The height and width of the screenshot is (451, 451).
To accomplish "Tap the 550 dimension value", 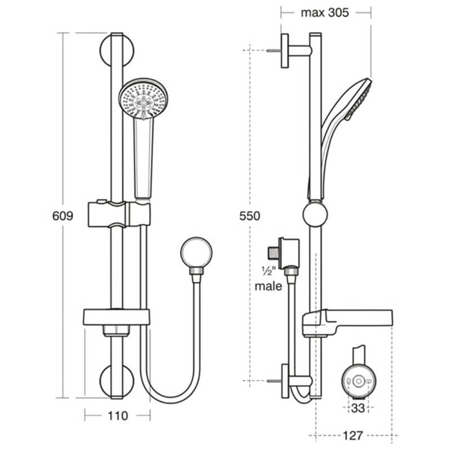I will point(250,216).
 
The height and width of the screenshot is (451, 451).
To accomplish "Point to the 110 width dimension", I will point(117,416).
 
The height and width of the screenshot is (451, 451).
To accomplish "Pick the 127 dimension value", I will point(352,435).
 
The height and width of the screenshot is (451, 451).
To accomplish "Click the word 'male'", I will point(268,286).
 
